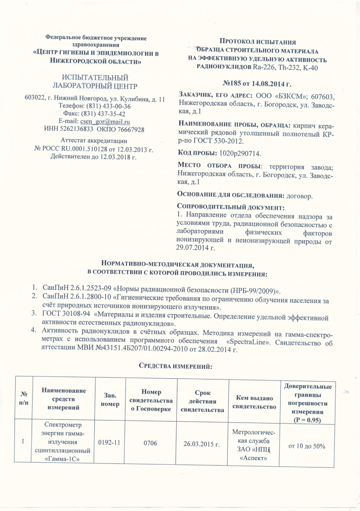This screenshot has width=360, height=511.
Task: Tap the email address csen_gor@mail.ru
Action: coord(105,122)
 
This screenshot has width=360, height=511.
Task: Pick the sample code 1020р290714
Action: coord(240,153)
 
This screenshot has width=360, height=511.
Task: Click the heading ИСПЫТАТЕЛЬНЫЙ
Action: coord(95,78)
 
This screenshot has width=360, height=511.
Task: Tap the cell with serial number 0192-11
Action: coord(109,442)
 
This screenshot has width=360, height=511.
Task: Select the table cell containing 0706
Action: coord(150,443)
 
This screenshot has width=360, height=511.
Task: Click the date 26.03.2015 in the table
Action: coord(202,444)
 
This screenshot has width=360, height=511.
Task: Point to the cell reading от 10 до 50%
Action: coord(307,446)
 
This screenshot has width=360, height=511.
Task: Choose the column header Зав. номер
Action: coord(110,399)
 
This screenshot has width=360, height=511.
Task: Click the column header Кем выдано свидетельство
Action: coord(254,402)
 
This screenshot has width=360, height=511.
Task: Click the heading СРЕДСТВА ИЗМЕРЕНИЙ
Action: coord(176,366)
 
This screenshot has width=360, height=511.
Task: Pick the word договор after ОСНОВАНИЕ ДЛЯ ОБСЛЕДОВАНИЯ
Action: coord(300,196)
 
